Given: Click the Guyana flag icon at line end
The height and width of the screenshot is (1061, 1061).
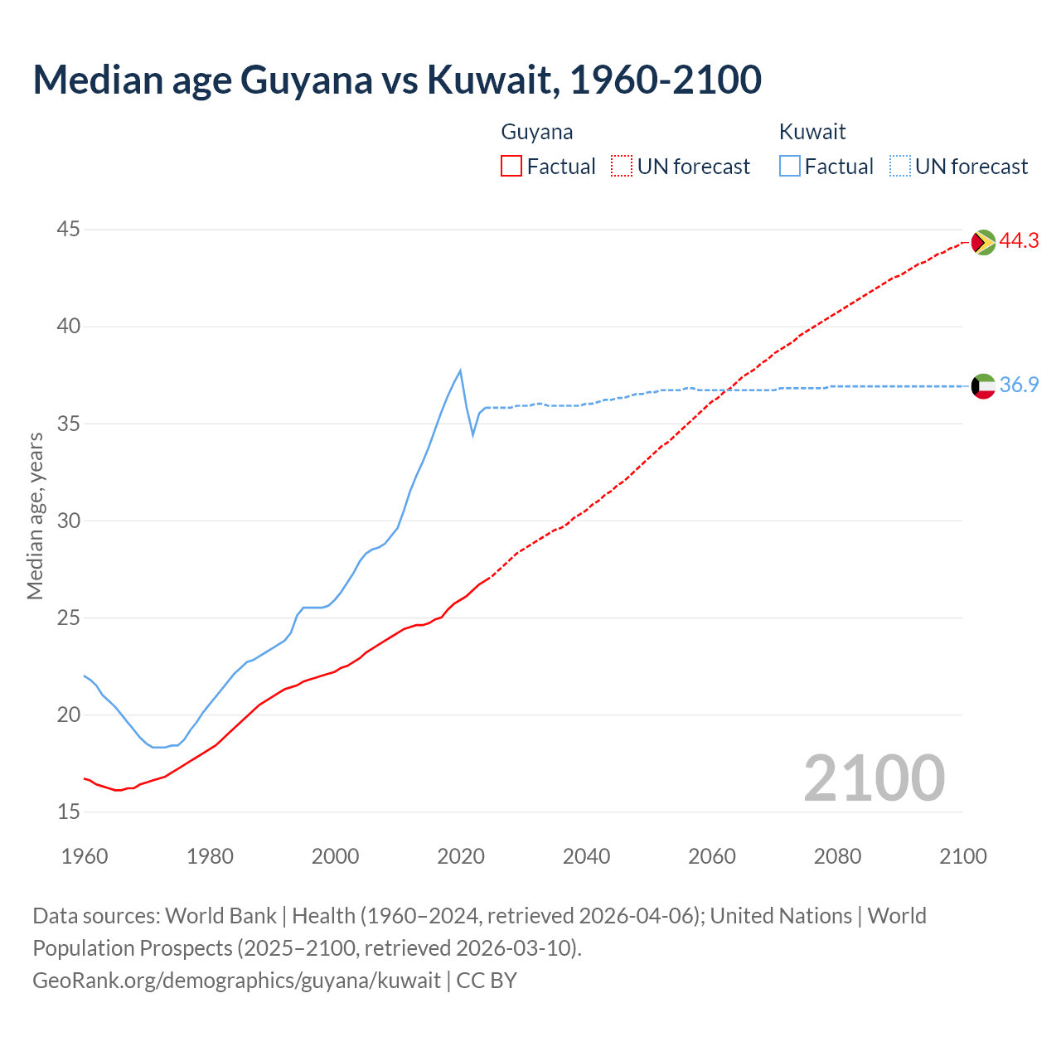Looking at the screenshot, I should point(983,242).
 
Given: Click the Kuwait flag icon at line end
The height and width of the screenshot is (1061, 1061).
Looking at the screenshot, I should point(983,386).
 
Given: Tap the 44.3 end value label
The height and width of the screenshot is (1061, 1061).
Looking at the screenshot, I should point(1019,241).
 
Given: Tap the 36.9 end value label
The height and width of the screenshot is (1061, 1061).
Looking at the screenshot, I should point(1019,385).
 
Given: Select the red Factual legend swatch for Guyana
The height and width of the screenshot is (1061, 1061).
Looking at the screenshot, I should point(511,167).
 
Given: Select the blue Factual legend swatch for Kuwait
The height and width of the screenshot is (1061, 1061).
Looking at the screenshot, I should point(790,167).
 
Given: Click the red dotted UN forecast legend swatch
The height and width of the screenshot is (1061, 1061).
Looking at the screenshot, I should point(622,167).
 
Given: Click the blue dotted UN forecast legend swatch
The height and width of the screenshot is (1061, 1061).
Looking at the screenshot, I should point(900,167).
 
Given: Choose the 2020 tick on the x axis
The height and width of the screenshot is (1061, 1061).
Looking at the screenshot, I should point(461,856).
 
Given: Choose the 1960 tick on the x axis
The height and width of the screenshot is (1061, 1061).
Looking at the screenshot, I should point(85,856).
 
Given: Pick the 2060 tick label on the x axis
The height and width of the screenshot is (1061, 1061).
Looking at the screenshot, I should point(712,856).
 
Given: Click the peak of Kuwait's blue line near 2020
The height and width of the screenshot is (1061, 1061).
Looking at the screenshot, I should point(460,371).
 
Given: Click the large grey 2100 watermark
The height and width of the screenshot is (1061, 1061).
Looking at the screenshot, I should point(874,778).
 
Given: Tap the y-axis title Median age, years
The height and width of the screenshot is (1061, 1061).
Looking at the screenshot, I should point(35,516).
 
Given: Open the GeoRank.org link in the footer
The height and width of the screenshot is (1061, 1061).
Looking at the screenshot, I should point(236,981).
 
